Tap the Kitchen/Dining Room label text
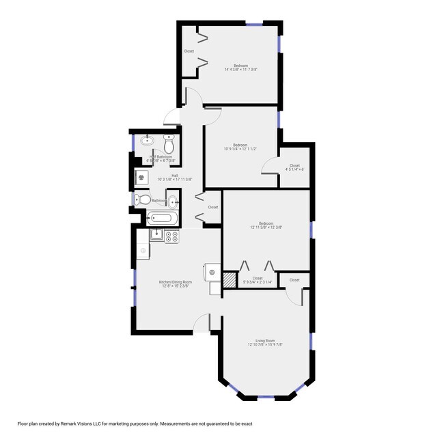pos(176,282)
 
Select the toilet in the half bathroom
pos(169,143)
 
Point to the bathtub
pos(163,219)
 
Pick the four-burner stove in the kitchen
pos(172,237)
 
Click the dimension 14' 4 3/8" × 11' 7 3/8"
pos(240,69)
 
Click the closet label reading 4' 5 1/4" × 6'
pos(294,169)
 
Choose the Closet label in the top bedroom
pos(189,51)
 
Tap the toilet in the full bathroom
pos(140,200)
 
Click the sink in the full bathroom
pos(173,201)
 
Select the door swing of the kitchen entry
pos(202,322)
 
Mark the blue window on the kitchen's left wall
pos(133,288)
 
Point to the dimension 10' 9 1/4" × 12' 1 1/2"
pos(240,149)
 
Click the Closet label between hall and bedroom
pos(213,207)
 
